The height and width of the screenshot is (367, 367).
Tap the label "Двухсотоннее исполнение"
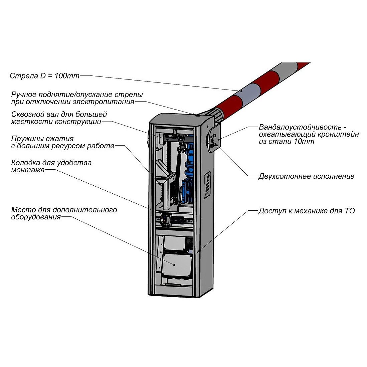306,176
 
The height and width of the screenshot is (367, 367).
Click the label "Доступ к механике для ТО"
306,211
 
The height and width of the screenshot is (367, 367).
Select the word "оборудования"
36,217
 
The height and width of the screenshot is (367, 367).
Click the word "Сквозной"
27,114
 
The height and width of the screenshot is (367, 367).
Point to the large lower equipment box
177,264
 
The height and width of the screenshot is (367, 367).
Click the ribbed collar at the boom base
219,114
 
